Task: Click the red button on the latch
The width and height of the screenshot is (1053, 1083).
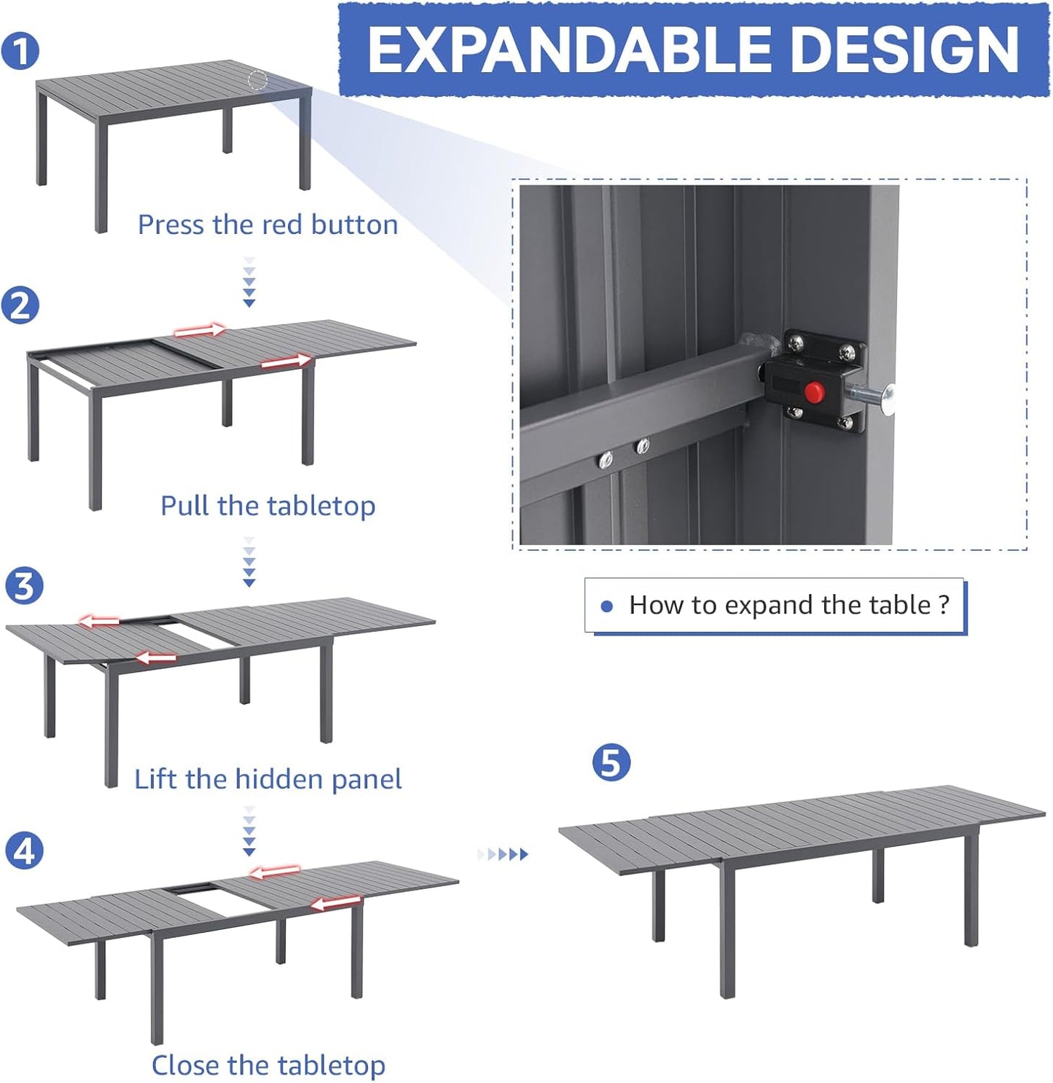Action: (x=813, y=393)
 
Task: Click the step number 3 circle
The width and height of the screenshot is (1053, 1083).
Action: (x=24, y=586)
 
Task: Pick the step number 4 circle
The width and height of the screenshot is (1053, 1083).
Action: (x=24, y=851)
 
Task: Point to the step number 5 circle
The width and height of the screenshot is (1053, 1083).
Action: (x=611, y=762)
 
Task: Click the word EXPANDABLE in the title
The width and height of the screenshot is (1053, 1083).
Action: (x=568, y=50)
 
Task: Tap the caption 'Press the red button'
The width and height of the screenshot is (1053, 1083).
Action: (x=267, y=224)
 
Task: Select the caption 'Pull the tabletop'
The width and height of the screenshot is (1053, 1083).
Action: (x=267, y=505)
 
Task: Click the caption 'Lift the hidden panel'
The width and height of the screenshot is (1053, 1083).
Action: (x=267, y=779)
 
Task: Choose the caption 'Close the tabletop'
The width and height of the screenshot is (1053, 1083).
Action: (x=267, y=1065)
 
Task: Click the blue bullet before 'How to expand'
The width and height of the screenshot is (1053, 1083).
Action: (x=606, y=606)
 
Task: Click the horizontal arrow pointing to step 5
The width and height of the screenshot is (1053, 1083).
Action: (x=504, y=854)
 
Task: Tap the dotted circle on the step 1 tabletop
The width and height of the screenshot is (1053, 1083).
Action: (x=258, y=80)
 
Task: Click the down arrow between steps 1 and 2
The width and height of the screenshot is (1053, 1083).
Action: (x=249, y=281)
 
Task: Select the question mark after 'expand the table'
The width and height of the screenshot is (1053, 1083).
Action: (x=944, y=605)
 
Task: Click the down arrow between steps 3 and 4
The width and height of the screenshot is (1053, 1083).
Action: (x=249, y=831)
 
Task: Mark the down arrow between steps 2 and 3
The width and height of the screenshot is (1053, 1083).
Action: (x=249, y=562)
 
